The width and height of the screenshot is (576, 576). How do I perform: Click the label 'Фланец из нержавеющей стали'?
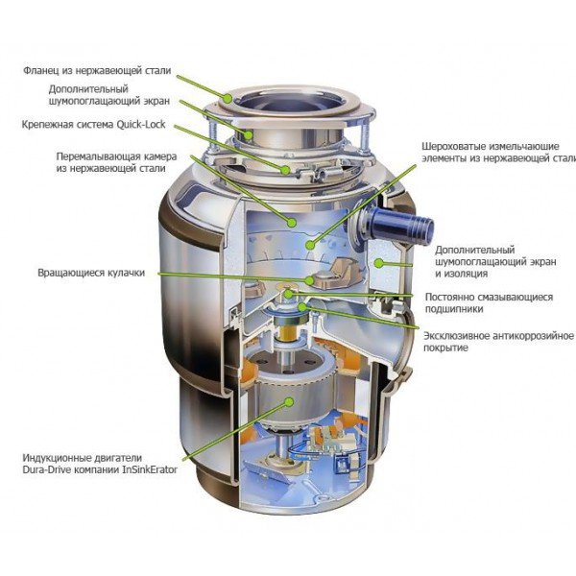(x=97, y=70)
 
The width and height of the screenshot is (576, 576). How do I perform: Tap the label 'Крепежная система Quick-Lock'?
(x=94, y=124)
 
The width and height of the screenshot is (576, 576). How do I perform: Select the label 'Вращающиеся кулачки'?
(x=91, y=273)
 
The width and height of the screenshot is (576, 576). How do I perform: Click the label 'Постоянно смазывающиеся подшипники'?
(x=489, y=302)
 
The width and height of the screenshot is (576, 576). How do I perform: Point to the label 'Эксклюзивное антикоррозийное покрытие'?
(x=498, y=342)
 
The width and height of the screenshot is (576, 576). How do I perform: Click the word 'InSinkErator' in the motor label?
(x=150, y=469)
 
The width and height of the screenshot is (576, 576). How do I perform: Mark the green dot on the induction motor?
(x=290, y=401)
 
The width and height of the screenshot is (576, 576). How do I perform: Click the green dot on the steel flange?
(x=228, y=98)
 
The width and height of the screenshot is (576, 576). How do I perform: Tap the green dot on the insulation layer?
(x=379, y=263)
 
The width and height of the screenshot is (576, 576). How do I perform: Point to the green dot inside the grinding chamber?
(x=292, y=223)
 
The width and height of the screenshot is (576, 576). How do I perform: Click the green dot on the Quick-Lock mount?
(x=285, y=169)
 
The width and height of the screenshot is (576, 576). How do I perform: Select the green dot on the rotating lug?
(x=310, y=280)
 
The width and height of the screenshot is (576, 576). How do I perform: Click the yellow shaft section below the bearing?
(x=287, y=332)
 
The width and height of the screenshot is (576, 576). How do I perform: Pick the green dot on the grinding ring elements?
(x=310, y=244)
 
